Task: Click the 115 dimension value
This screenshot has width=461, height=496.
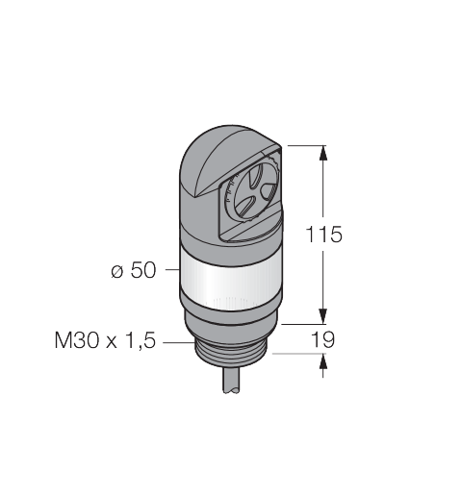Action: pyautogui.click(x=324, y=235)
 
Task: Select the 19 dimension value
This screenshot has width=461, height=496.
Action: pyautogui.click(x=323, y=339)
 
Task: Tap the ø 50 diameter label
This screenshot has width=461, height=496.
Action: pyautogui.click(x=134, y=270)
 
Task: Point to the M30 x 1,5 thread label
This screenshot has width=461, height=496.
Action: pyautogui.click(x=105, y=340)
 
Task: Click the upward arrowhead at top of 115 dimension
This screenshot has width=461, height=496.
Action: pyautogui.click(x=323, y=153)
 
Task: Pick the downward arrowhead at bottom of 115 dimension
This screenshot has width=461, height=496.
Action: pyautogui.click(x=323, y=316)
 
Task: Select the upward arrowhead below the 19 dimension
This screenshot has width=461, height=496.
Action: pyautogui.click(x=323, y=361)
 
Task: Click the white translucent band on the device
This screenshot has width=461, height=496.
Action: pyautogui.click(x=230, y=282)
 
